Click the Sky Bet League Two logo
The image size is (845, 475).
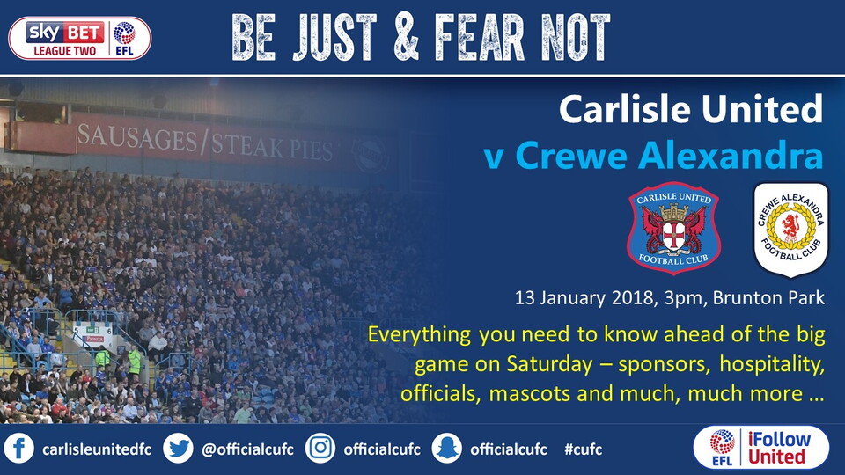click(x=80, y=38)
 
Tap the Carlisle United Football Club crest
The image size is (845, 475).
click(x=673, y=229)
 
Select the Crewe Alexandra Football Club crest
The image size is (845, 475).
click(x=790, y=230)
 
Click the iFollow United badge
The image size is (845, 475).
click(x=760, y=448)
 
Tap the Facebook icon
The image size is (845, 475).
click(x=18, y=449)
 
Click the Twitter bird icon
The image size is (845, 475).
click(x=178, y=449)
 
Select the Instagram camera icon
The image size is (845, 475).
click(x=320, y=449)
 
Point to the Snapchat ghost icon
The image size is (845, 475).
click(x=447, y=449)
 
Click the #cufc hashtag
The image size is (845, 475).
click(x=583, y=449)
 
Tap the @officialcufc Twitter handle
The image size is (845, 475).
click(x=248, y=449)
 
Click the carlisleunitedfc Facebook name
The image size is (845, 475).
click(x=97, y=449)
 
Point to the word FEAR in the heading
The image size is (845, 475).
click(x=479, y=37)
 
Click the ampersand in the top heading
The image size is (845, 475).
click(x=407, y=37)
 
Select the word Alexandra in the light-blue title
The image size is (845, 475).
click(x=731, y=156)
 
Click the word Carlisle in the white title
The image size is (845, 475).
click(x=625, y=109)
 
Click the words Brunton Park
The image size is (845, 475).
click(x=768, y=298)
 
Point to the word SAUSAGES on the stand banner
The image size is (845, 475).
click(x=137, y=138)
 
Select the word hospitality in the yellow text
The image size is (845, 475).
click(x=772, y=364)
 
